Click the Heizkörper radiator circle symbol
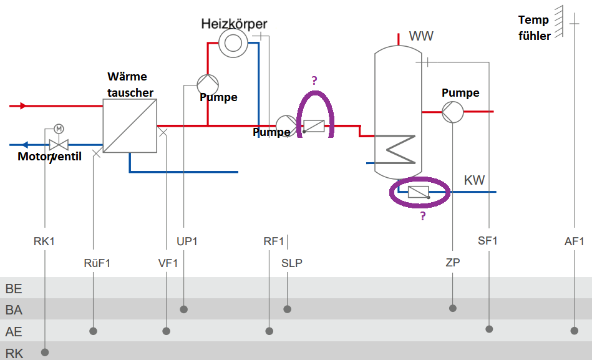pos(233,42)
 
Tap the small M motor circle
pos(59,129)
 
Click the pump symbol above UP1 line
pos(208,84)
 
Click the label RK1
pos(44,241)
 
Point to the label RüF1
pos(97,263)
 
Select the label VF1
pos(168,263)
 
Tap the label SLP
pos(291,263)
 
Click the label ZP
pos(452,263)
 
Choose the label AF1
pos(574,241)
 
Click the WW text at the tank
pos(421,36)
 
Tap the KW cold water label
pos(474,181)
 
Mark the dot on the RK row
pos(45,353)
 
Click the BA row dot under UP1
pos(184,309)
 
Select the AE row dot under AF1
pos(574,330)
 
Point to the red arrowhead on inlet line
pos(24,106)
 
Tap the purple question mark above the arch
pos(314,80)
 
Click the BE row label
pos(14,289)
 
